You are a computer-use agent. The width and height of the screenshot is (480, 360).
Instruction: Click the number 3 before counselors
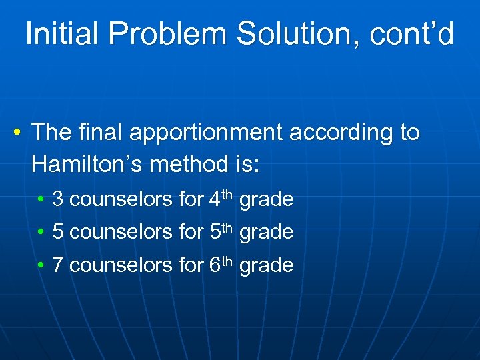pos(57,199)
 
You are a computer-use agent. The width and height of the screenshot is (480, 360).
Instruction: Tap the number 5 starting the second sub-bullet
pos(57,232)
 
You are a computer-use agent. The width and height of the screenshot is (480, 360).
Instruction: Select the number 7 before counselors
pos(57,265)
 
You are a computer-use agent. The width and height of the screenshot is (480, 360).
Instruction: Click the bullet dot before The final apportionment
pos(15,133)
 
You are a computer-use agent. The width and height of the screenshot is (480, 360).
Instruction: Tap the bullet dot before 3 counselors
pos(41,199)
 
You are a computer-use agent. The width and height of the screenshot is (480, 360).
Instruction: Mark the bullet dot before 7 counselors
pos(41,266)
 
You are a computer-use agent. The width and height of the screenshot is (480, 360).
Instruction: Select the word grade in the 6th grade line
pos(266,265)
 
